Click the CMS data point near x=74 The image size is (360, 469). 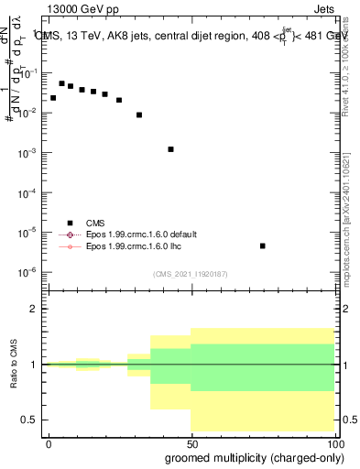click(x=263, y=245)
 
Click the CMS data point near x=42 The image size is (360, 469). click(x=170, y=148)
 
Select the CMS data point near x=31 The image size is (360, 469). click(x=139, y=115)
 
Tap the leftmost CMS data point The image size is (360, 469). click(x=53, y=97)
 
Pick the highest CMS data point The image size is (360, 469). click(x=61, y=83)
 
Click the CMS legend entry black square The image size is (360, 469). click(x=70, y=222)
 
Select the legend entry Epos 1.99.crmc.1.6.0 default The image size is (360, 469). click(x=141, y=234)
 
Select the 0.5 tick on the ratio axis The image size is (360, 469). click(x=30, y=420)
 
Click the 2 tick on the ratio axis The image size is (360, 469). click(x=35, y=310)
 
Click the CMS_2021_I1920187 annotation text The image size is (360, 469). click(x=190, y=273)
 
